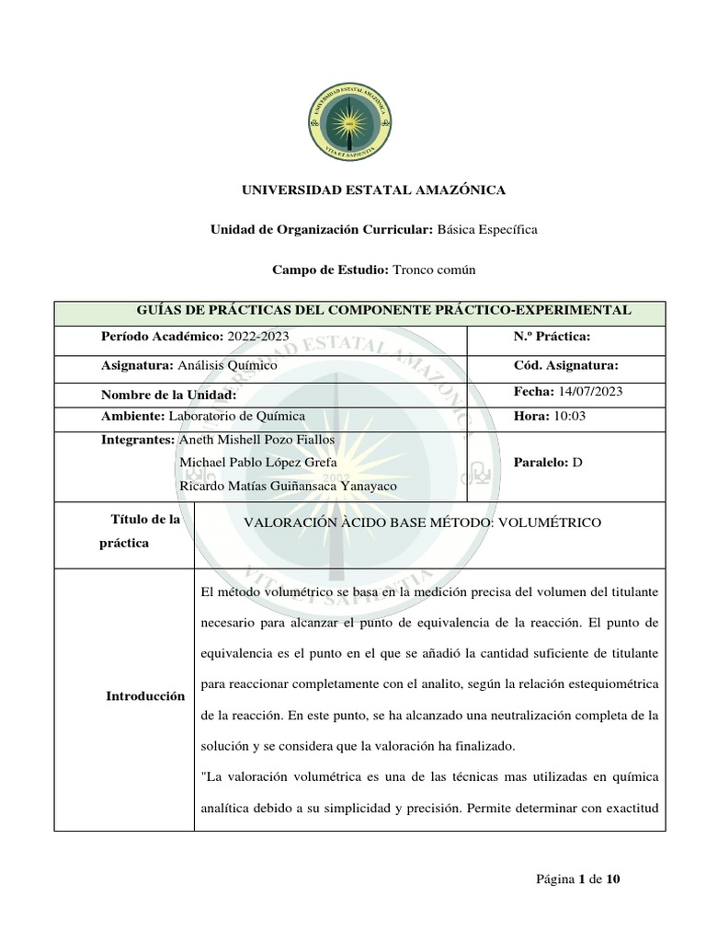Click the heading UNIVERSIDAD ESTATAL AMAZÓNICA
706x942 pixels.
click(x=373, y=190)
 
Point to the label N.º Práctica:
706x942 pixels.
click(x=552, y=337)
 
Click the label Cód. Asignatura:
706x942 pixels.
click(x=566, y=365)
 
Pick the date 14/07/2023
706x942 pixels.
click(x=590, y=391)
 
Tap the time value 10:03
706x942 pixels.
click(x=569, y=416)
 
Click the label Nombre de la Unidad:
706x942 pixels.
click(x=169, y=395)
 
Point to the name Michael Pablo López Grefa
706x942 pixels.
click(x=257, y=462)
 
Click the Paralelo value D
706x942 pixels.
click(x=577, y=462)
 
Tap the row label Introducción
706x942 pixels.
click(x=145, y=696)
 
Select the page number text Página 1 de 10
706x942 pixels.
click(x=578, y=879)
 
